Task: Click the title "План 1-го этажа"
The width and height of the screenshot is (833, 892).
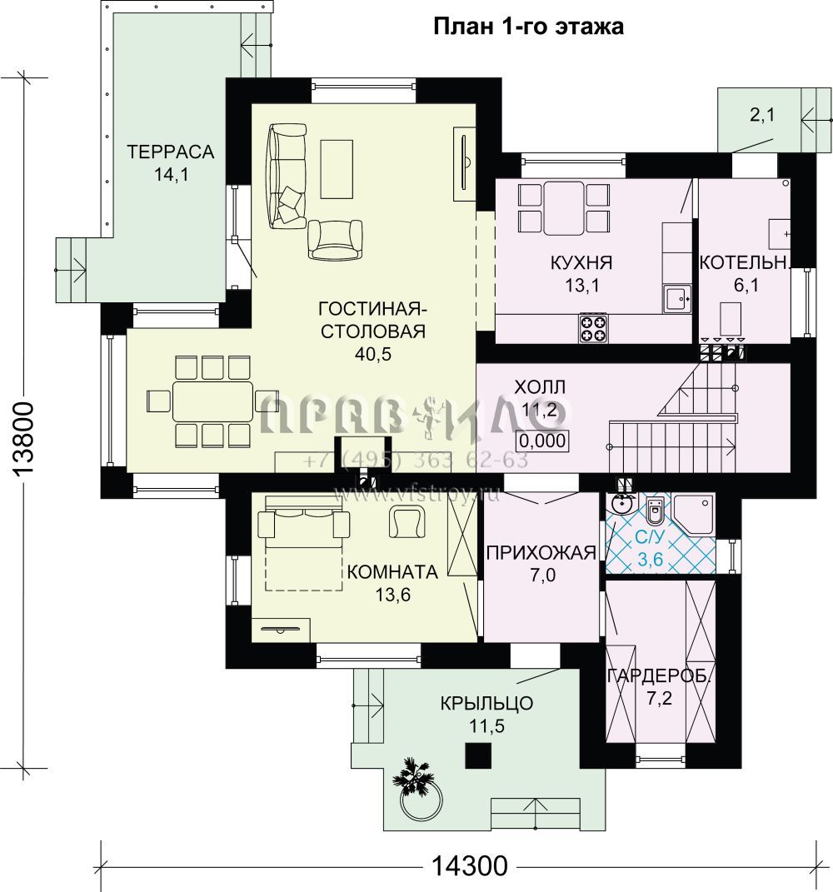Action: tap(528, 27)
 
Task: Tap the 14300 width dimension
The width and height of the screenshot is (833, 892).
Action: tap(469, 866)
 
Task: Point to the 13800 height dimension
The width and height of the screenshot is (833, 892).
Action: tap(24, 437)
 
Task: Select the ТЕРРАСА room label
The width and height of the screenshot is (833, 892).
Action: tap(170, 152)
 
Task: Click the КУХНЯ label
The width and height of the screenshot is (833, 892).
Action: tap(581, 263)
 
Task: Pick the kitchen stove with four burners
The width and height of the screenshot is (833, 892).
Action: tap(593, 328)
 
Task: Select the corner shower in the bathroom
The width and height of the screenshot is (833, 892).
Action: tap(693, 514)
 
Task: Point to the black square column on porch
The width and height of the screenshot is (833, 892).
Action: tap(478, 755)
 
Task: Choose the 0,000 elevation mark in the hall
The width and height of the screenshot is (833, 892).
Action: tap(542, 441)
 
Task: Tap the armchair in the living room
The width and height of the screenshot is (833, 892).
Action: tap(335, 240)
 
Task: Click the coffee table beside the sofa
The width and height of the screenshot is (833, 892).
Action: tap(337, 169)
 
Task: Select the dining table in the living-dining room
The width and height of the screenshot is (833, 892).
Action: tap(212, 401)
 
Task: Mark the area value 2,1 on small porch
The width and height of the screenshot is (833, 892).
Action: tap(762, 116)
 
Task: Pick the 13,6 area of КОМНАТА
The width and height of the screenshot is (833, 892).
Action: tap(392, 595)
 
